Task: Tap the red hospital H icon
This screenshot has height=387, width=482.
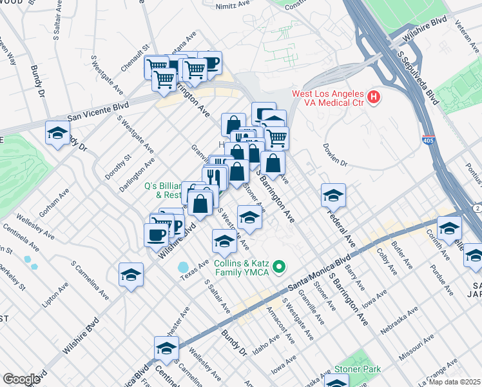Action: pyautogui.click(x=372, y=98)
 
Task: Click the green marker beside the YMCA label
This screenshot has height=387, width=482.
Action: pyautogui.click(x=279, y=266)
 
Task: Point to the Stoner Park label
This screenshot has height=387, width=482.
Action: pyautogui.click(x=357, y=370)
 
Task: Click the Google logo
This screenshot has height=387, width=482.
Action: pyautogui.click(x=21, y=379)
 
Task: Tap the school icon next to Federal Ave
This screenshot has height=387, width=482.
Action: pyautogui.click(x=333, y=195)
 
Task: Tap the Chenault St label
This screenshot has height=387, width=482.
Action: pyautogui.click(x=135, y=57)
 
